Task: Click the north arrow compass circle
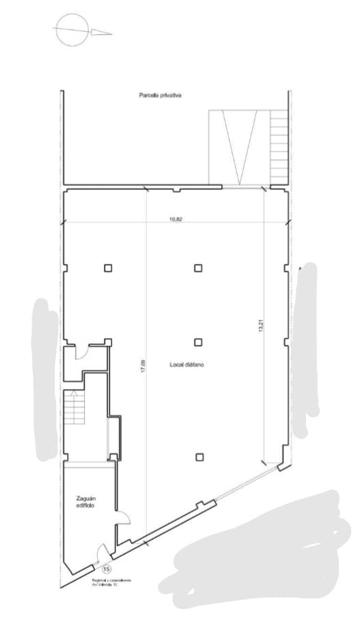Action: pos(72,31)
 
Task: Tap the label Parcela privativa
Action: pos(159,96)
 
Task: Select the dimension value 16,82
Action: pos(175,220)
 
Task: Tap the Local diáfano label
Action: pos(188,365)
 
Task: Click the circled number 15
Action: pos(107,569)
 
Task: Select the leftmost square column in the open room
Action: pos(108,268)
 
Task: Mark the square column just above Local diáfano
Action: pos(198,342)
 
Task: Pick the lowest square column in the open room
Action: pos(198,457)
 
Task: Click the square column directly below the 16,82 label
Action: pos(198,268)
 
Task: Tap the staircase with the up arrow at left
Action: pos(73,408)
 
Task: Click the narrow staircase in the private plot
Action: pos(279,147)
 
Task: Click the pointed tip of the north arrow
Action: pos(111,32)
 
